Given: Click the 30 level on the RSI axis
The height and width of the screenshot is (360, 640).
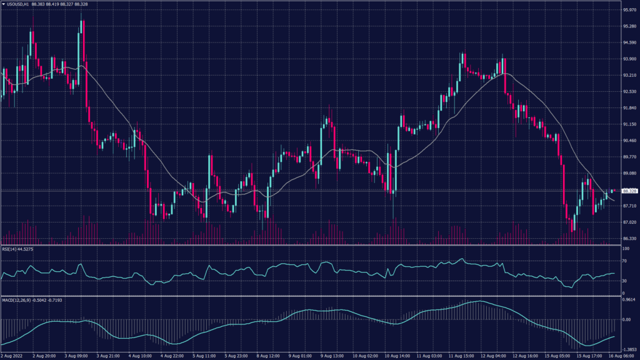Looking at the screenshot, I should (623, 281).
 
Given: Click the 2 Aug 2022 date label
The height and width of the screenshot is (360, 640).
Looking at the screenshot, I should (12, 356).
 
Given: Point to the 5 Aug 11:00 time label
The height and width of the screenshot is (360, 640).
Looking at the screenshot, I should (205, 356).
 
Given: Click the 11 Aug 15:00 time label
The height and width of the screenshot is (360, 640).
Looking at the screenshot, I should (462, 356).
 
